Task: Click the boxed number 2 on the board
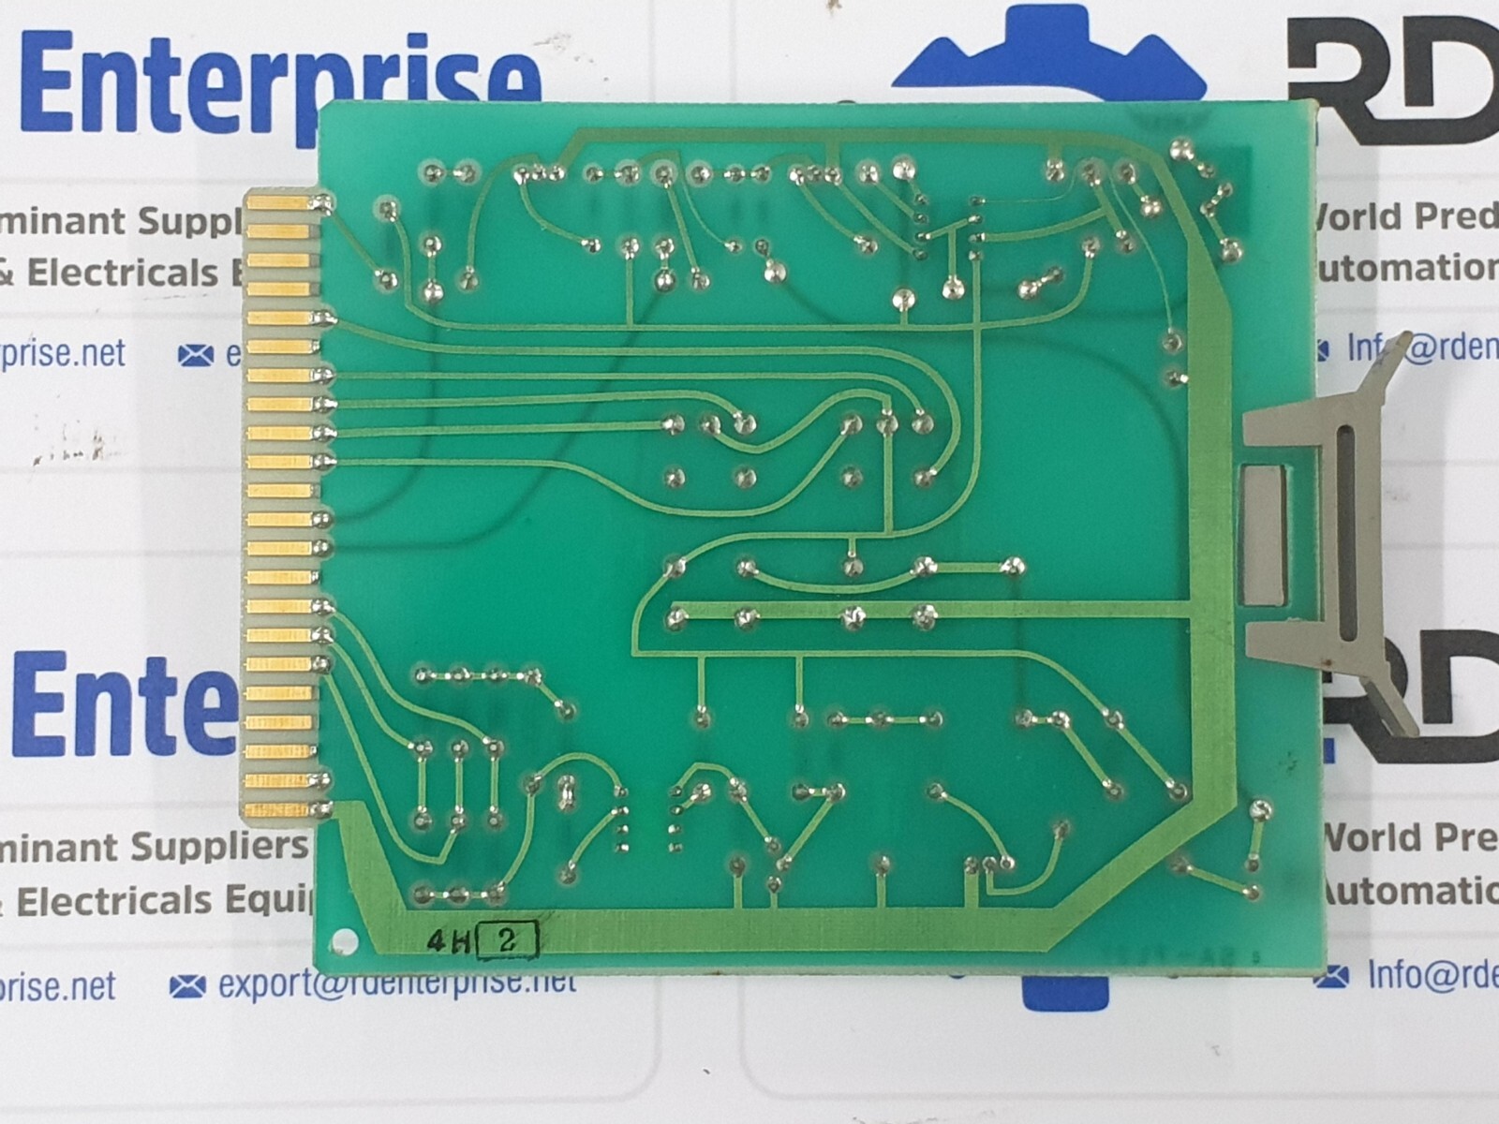tap(508, 940)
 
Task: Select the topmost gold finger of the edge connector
tap(278, 201)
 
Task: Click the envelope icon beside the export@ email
tap(188, 986)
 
